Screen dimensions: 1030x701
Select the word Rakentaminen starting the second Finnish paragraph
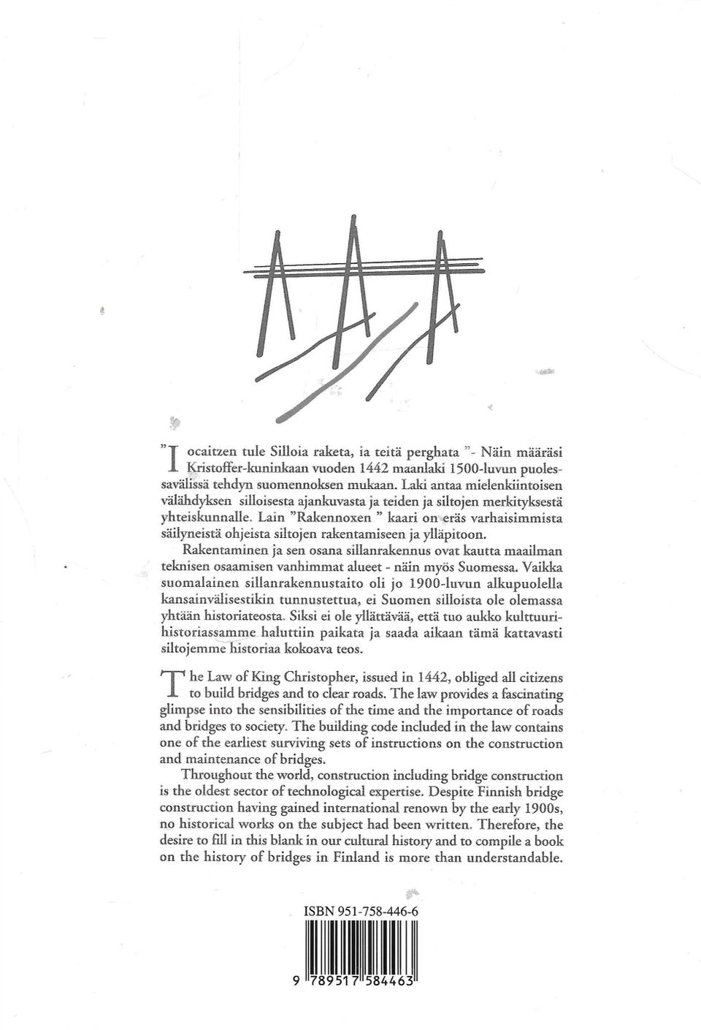coord(217,550)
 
